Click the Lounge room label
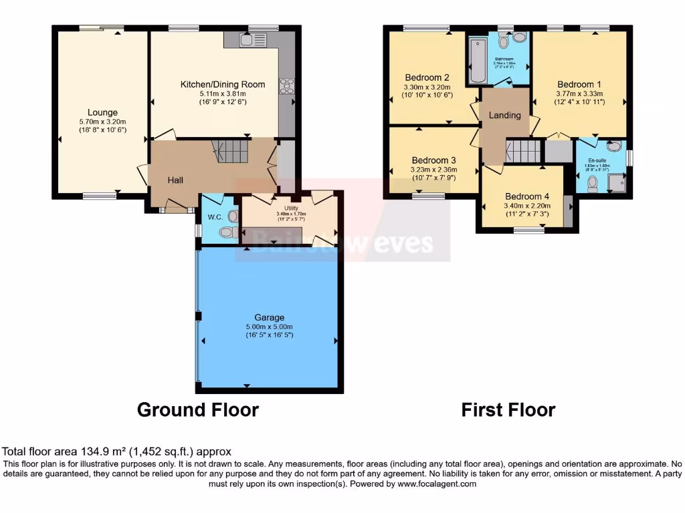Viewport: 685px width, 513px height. pyautogui.click(x=102, y=112)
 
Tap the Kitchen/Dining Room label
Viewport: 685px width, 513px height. pyautogui.click(x=222, y=84)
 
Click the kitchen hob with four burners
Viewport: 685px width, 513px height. pyautogui.click(x=286, y=85)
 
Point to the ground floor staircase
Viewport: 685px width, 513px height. pyautogui.click(x=231, y=152)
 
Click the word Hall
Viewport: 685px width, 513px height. pyautogui.click(x=175, y=180)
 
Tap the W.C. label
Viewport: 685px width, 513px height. pyautogui.click(x=214, y=216)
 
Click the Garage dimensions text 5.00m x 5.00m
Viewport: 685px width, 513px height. pyautogui.click(x=269, y=326)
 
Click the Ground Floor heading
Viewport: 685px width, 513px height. pyautogui.click(x=197, y=409)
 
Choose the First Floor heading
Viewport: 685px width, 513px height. pyautogui.click(x=508, y=409)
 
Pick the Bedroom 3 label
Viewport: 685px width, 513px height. pyautogui.click(x=433, y=160)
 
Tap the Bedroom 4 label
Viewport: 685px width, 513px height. pyautogui.click(x=527, y=196)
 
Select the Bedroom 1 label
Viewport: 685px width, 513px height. pyautogui.click(x=579, y=84)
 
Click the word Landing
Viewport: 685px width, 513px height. pyautogui.click(x=504, y=115)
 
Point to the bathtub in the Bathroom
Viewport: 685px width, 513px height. pyautogui.click(x=478, y=62)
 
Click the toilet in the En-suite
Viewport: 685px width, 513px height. pyautogui.click(x=592, y=184)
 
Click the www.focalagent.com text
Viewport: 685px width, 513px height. pyautogui.click(x=437, y=484)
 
